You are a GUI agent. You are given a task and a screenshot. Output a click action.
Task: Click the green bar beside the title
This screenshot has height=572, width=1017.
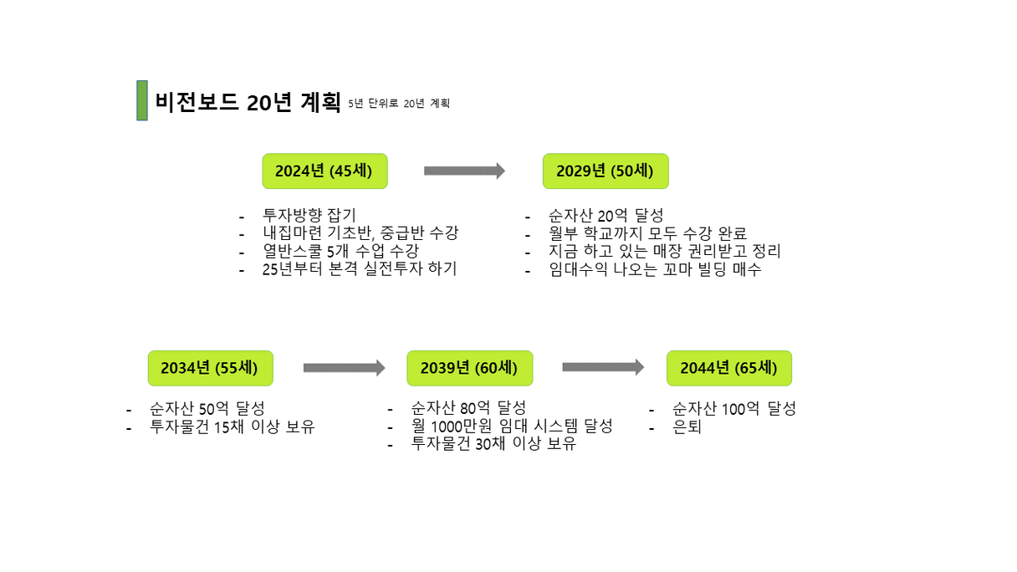tap(142, 100)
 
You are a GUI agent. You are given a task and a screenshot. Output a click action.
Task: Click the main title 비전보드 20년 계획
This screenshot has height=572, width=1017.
tap(248, 102)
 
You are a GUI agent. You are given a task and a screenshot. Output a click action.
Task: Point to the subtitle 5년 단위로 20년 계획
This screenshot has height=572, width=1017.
tap(399, 104)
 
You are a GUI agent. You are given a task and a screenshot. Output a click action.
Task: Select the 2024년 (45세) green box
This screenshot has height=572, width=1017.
tap(325, 171)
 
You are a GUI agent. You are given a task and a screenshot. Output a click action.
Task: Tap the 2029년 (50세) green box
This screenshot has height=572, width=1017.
tap(606, 171)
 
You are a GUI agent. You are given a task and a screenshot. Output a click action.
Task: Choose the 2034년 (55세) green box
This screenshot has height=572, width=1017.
tap(211, 368)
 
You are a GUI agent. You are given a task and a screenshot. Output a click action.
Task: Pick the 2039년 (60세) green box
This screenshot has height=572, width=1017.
tap(470, 368)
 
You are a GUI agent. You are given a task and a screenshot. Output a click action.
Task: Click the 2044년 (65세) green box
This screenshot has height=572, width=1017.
tap(729, 368)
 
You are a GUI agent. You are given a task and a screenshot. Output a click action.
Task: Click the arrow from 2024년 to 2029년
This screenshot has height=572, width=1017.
tap(464, 171)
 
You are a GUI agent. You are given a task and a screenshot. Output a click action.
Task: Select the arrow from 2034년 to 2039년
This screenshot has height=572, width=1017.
tap(344, 368)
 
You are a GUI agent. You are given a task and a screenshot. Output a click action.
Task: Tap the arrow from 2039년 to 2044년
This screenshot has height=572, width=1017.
tap(603, 367)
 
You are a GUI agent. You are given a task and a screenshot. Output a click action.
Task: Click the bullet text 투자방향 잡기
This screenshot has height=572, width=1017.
tap(309, 215)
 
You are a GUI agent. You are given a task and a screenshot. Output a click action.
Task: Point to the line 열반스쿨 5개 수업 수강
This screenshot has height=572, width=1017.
tap(341, 251)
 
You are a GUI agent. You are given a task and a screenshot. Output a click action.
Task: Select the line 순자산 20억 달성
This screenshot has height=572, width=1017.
tap(606, 215)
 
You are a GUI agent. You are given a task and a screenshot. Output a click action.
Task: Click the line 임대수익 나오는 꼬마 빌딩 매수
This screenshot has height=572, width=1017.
tap(655, 269)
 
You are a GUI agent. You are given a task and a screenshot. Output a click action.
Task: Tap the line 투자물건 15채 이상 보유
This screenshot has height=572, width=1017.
tap(232, 426)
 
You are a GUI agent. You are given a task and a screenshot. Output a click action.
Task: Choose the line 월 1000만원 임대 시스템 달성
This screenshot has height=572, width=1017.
tap(512, 426)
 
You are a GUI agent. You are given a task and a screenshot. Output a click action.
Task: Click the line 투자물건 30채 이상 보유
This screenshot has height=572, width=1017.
tap(493, 443)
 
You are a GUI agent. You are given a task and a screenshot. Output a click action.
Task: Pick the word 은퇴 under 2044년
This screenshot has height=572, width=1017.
tap(687, 426)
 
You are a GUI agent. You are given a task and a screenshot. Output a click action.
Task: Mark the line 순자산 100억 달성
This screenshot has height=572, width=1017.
tap(734, 409)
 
